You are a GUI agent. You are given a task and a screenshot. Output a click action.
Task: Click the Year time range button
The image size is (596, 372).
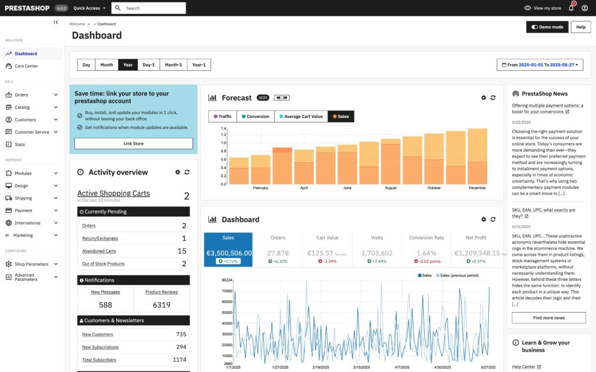127,65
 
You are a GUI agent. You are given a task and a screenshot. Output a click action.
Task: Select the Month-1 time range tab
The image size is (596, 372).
173,65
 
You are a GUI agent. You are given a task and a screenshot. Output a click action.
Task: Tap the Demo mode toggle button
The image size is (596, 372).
547,27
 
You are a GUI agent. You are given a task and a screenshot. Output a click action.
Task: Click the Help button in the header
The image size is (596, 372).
580,27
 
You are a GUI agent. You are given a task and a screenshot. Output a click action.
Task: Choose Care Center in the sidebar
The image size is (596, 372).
26,66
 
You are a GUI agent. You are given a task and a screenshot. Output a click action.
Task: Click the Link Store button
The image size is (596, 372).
133,144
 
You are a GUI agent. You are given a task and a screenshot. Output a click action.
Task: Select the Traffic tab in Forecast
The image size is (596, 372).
222,116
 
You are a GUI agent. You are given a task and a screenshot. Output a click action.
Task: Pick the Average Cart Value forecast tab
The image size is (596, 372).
300,116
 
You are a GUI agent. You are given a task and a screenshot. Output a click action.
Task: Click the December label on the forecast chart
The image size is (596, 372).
477,188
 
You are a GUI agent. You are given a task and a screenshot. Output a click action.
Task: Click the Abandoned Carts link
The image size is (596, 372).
99,251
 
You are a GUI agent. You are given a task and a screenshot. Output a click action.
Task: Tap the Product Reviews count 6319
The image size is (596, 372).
161,305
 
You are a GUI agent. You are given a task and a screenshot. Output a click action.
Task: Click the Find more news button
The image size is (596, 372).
548,318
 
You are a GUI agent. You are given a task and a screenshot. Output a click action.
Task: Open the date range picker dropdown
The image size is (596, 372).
541,65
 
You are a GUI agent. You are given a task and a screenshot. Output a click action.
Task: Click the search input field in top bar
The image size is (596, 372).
154,8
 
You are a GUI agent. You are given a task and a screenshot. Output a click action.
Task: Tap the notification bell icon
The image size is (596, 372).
571,8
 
